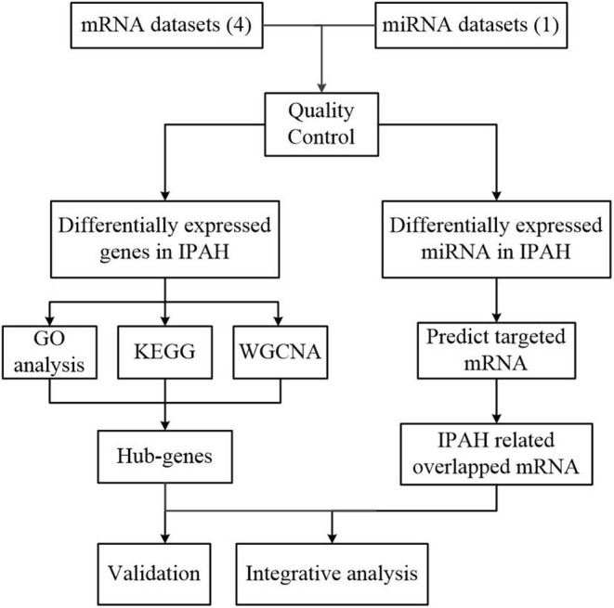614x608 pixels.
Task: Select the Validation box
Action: click(x=164, y=572)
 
